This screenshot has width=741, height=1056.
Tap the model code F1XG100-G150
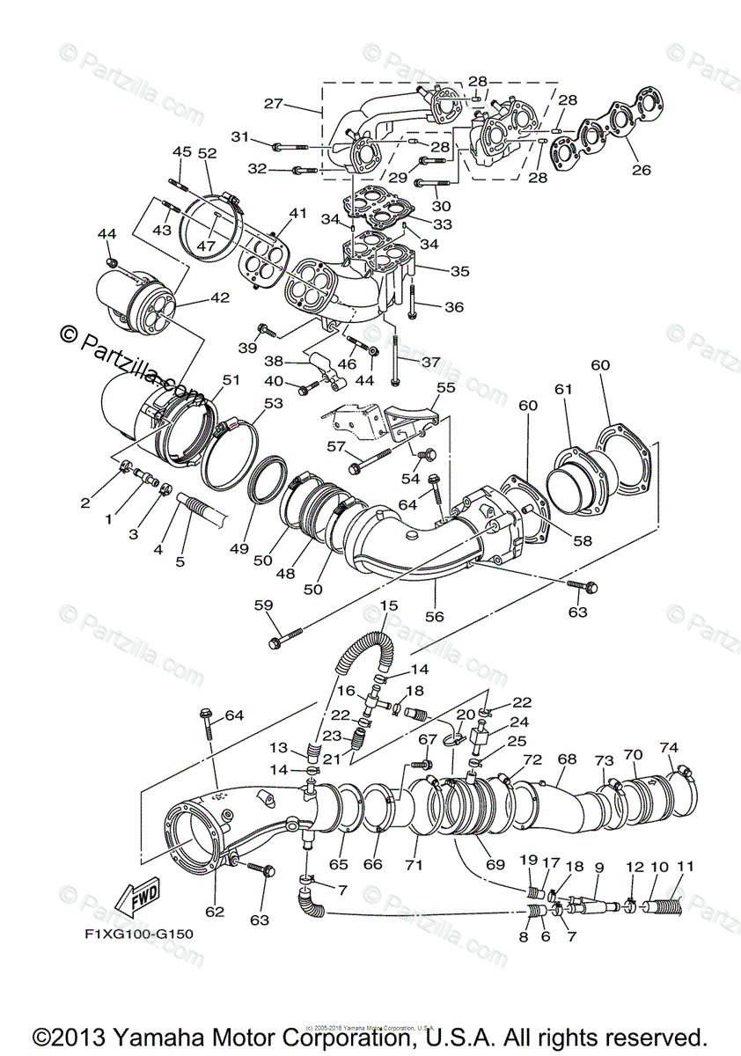coord(133,934)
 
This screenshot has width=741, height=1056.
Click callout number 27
coord(273,103)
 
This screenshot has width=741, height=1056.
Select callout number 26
coord(641,170)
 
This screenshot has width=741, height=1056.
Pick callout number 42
coord(219,297)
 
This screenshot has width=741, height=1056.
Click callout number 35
coord(459,272)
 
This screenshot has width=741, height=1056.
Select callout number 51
coord(231,380)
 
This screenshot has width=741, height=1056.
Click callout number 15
coord(388,605)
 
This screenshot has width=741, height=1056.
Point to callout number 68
coord(567,758)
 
